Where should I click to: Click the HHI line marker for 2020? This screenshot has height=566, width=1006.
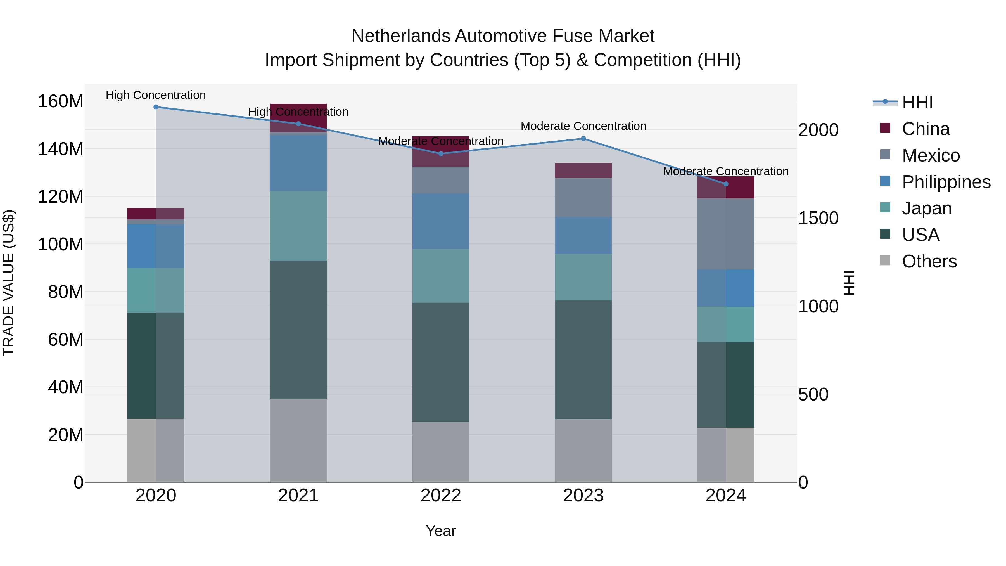(156, 107)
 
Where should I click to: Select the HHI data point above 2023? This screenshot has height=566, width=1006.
(583, 139)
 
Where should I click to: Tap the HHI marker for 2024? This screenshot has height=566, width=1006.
(726, 184)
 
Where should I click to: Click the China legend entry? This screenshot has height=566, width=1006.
(925, 129)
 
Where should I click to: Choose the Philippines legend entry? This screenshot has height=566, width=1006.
(946, 182)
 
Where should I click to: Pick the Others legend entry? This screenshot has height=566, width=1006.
(929, 261)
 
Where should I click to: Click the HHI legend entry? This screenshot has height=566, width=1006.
(917, 102)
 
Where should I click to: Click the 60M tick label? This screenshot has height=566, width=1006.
(65, 339)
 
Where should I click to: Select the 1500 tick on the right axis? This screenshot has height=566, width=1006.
(818, 218)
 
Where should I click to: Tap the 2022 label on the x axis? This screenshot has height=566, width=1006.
(441, 496)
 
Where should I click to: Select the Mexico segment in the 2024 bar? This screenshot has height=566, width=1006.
(726, 234)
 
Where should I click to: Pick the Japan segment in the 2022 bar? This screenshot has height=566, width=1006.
(441, 276)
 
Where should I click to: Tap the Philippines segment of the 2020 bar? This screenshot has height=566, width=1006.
(156, 246)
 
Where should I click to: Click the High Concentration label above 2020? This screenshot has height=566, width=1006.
(156, 95)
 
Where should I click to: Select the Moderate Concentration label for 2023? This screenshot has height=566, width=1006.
(583, 126)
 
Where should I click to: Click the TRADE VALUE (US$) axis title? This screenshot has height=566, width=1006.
(9, 283)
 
